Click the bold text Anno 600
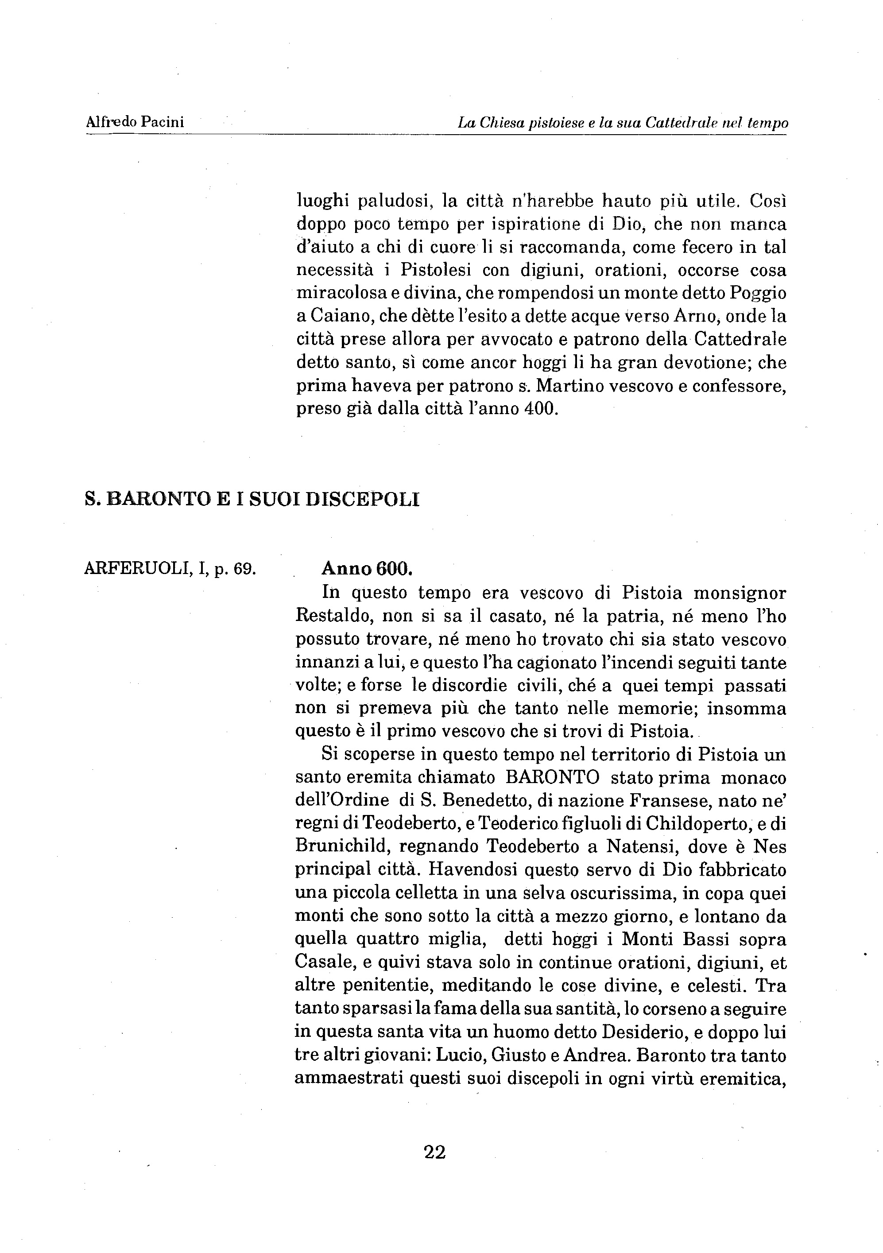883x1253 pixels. click(x=367, y=569)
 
